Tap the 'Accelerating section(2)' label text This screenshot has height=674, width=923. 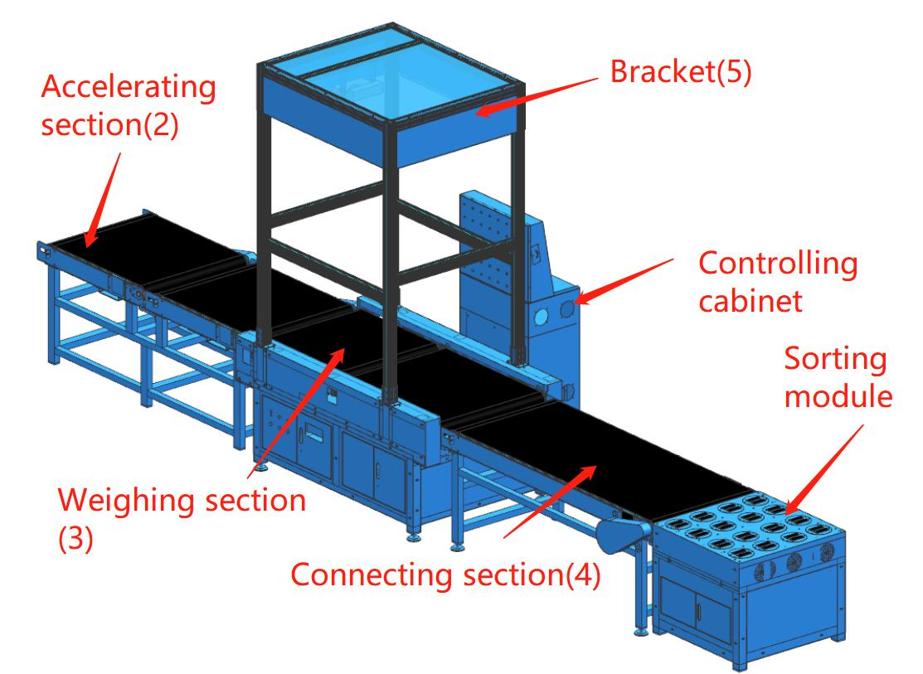click(x=129, y=107)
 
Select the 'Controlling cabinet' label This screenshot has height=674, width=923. click(x=777, y=282)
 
